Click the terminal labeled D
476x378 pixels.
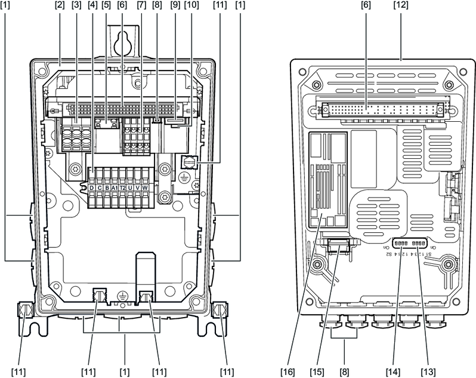click(x=92, y=187)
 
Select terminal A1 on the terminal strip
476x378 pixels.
click(x=115, y=187)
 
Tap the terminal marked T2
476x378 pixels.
click(x=122, y=187)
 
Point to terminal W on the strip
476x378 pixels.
click(x=145, y=187)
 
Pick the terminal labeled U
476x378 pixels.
click(x=130, y=187)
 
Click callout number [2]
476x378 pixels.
click(x=60, y=5)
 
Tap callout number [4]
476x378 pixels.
click(x=91, y=5)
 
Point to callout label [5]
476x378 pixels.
click(x=107, y=5)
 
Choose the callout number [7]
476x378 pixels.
click(x=141, y=5)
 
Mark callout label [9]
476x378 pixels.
click(x=173, y=5)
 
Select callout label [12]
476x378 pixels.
click(x=402, y=5)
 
